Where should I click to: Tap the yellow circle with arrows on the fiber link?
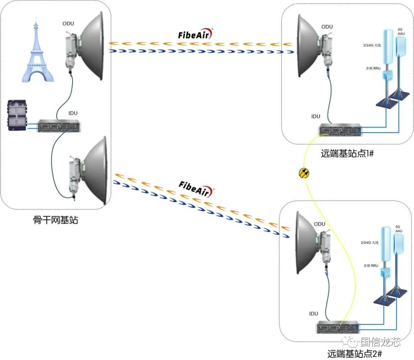coord(304,173)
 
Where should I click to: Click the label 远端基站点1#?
coord(347,154)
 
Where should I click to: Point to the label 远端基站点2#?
coord(353,353)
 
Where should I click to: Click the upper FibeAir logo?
coord(195,35)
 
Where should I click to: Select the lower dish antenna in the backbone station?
coord(94,171)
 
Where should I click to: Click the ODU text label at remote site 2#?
coord(319,224)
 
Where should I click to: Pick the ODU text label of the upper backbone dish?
coord(68,24)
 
